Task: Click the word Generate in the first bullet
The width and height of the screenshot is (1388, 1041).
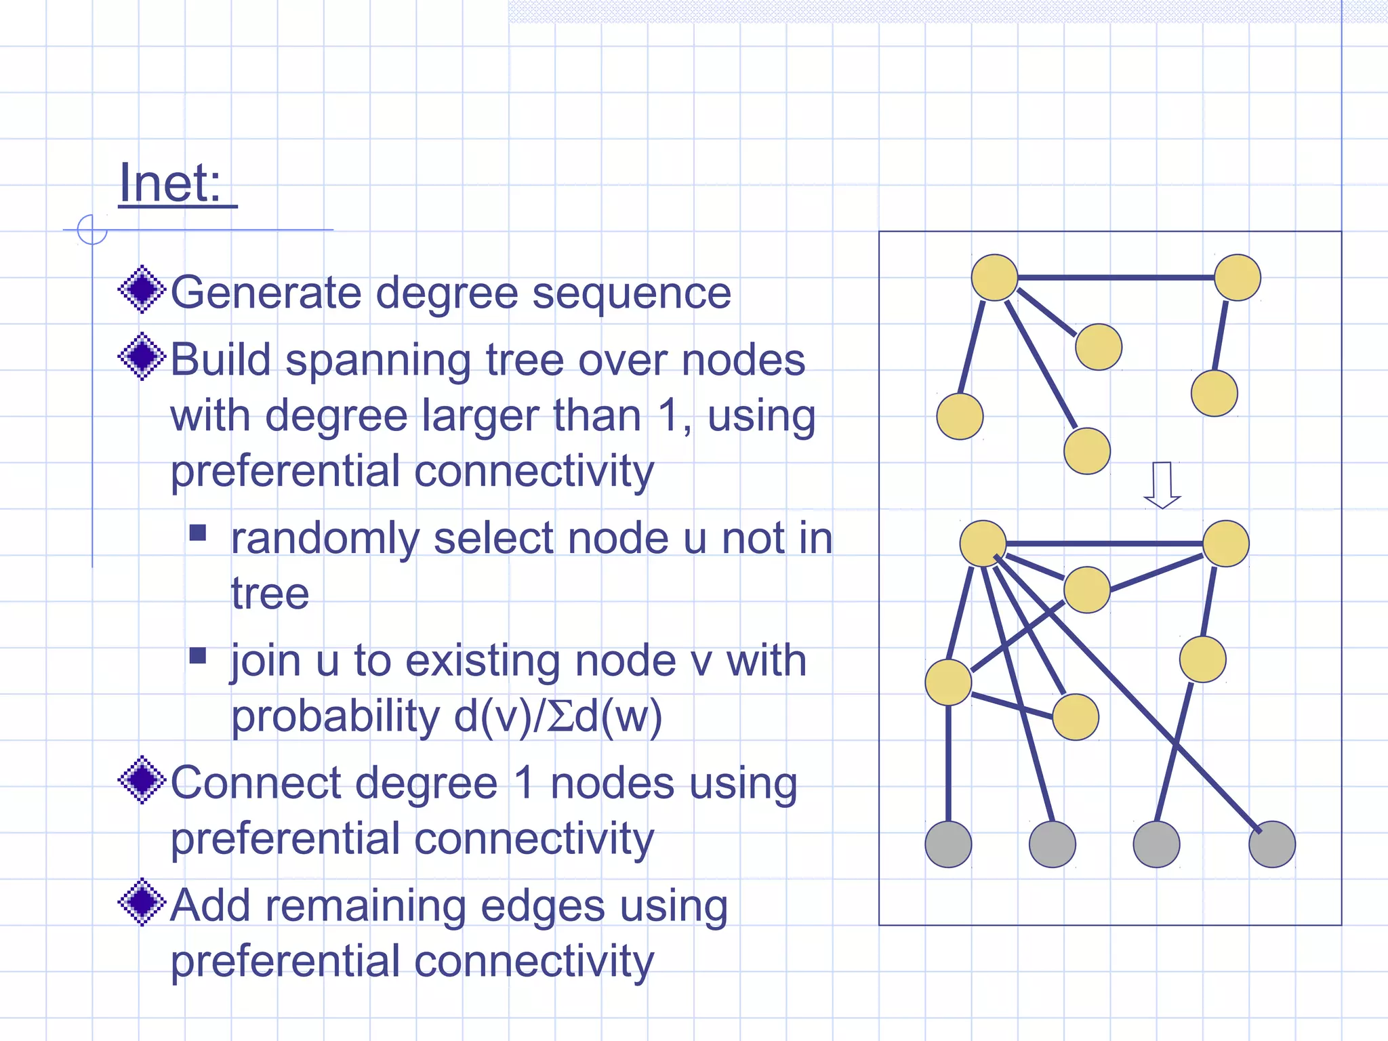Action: [x=266, y=293]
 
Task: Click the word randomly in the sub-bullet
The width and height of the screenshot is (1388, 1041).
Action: [x=325, y=539]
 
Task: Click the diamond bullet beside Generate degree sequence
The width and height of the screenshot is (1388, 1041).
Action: [x=142, y=289]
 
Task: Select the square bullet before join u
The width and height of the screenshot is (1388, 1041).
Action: [x=197, y=655]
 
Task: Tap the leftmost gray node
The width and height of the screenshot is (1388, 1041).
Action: [x=948, y=844]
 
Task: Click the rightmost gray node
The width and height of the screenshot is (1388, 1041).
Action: [x=1271, y=844]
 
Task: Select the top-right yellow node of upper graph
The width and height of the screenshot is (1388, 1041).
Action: [x=1238, y=278]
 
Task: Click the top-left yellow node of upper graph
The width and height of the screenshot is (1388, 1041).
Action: [x=994, y=278]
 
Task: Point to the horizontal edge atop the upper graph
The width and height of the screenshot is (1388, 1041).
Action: [x=1116, y=277]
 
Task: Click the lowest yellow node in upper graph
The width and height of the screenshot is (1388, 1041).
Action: [x=1087, y=451]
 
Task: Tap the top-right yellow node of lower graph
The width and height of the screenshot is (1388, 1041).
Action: [x=1226, y=544]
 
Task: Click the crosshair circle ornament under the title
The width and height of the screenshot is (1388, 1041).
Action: [x=92, y=230]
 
